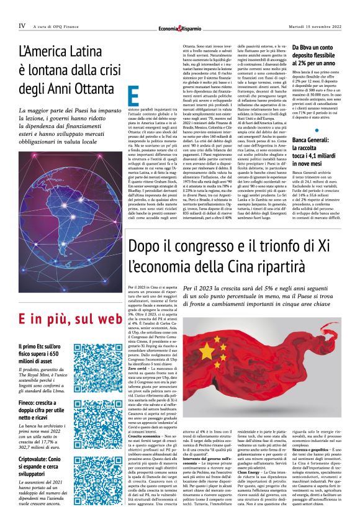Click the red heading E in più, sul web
click(x=68, y=320)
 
